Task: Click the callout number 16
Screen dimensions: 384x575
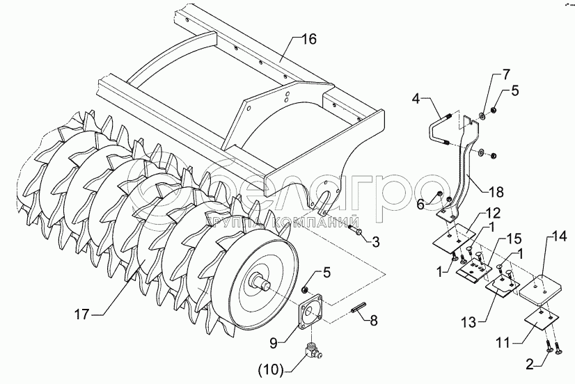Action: click(x=308, y=39)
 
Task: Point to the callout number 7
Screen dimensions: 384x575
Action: click(x=507, y=74)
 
